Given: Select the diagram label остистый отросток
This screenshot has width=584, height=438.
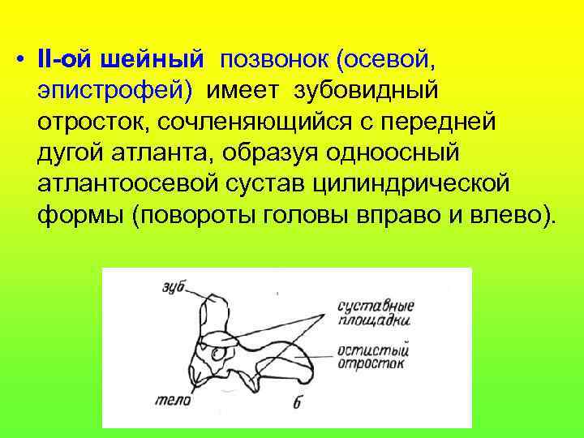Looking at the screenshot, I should click(x=373, y=357).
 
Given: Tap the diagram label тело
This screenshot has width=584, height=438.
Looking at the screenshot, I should click(x=178, y=399).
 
